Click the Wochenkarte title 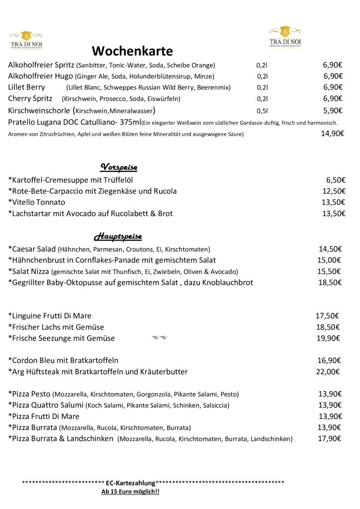coord(132,51)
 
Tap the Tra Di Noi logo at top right coord(285,36)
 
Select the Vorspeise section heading coord(119,167)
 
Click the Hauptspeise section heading coord(118,236)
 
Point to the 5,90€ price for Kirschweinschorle coord(333,110)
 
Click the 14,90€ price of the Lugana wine coord(332,133)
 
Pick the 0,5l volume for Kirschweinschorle coord(262,111)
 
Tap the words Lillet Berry coord(26,87)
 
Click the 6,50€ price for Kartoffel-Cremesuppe coord(336,180)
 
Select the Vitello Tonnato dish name coord(37,202)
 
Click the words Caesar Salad coord(32,249)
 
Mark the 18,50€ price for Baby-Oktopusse coord(330,282)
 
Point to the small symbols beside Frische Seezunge coord(159,338)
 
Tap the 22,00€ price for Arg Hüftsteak coord(328,371)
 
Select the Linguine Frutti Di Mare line coord(50,316)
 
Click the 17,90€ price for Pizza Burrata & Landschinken coord(330,438)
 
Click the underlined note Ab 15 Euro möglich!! coord(130,492)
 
